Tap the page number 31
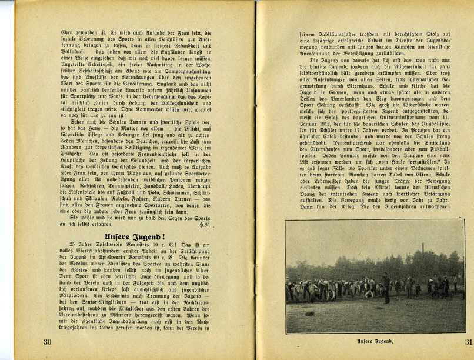click(x=468, y=342)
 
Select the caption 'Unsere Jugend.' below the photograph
click(x=375, y=341)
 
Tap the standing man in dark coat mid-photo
click(x=386, y=288)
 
